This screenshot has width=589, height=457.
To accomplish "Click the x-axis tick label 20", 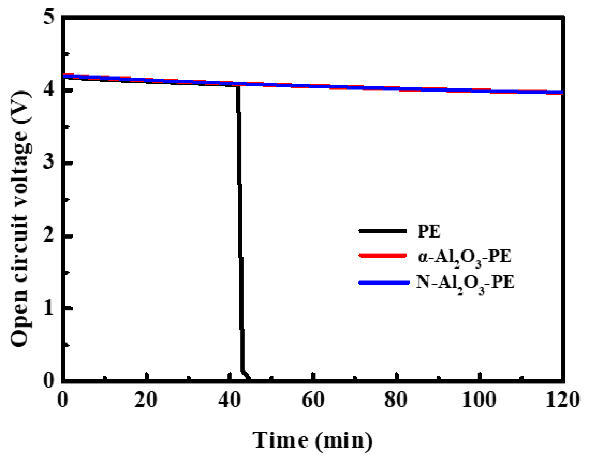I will (146, 400).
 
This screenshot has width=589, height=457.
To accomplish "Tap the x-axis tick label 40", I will (230, 400).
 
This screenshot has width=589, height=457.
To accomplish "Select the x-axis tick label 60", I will (313, 400).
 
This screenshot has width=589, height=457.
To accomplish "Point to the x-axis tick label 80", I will (396, 400).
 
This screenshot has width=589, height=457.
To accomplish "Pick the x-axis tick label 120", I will (563, 400).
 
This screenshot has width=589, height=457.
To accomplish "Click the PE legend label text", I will (429, 231).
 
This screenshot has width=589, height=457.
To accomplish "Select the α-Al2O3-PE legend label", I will (464, 257).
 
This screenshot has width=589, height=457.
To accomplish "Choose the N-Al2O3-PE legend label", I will (465, 282).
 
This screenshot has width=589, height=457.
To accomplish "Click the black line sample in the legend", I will (383, 231).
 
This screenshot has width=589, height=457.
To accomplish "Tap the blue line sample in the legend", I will (384, 282).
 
